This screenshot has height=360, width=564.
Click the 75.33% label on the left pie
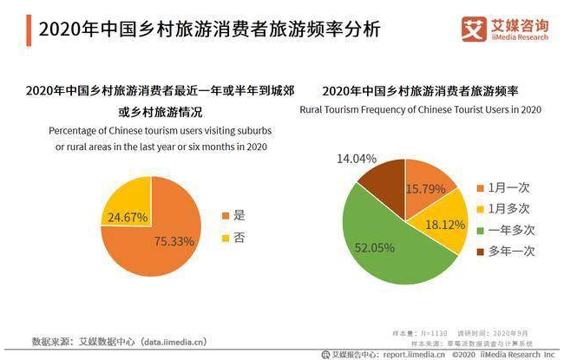pyautogui.click(x=174, y=241)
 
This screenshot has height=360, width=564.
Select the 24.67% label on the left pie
pyautogui.click(x=126, y=217)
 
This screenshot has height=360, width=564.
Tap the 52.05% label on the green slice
pyautogui.click(x=375, y=247)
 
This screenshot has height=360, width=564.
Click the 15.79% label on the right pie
pyautogui.click(x=424, y=188)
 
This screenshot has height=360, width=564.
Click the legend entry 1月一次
pyautogui.click(x=507, y=187)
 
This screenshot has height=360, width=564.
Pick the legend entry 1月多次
pyautogui.click(x=507, y=208)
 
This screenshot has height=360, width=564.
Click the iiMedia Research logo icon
pyautogui.click(x=474, y=28)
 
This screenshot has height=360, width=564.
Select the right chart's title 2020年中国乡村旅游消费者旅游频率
pyautogui.click(x=420, y=90)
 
